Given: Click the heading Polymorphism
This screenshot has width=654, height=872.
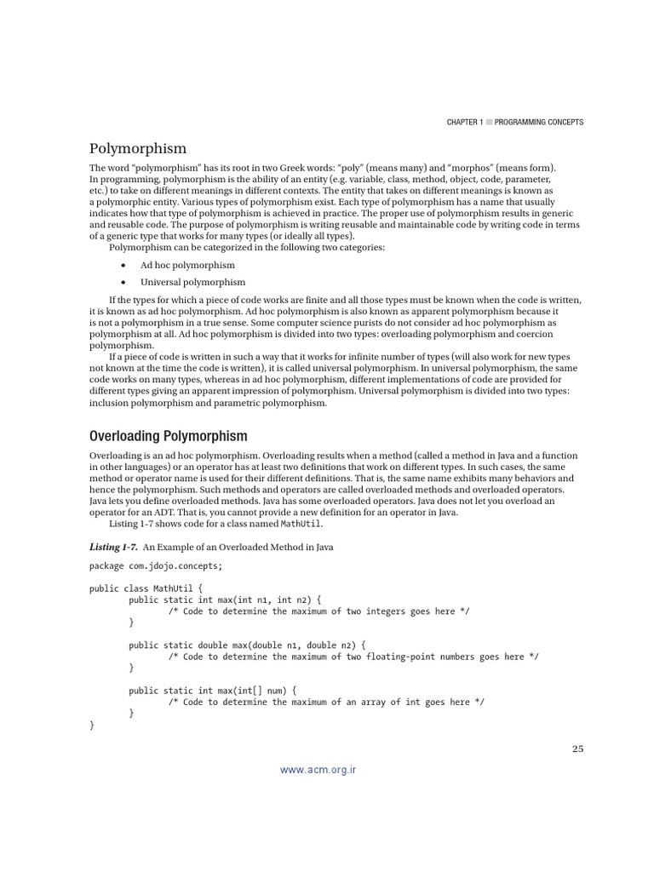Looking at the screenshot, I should coord(137,148).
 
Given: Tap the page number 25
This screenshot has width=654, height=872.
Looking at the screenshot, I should coord(577,749).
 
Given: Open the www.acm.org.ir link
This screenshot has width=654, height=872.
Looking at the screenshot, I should coord(318,770).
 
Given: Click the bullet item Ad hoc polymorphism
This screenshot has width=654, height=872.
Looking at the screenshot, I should coord(187,265).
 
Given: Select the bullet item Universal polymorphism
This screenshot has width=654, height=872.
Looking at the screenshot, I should coord(192,282).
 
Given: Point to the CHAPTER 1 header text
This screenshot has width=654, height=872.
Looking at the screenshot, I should coord(464,123).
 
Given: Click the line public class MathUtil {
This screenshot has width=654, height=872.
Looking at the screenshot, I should coord(146,588).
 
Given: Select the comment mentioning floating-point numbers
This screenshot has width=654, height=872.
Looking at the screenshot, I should coord(353,657).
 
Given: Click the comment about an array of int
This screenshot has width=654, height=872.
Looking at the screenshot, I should coord(326,702).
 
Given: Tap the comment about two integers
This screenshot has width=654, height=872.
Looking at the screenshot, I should coord(318,611).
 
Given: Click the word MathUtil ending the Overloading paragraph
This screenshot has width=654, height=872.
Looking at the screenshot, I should coord(304,524).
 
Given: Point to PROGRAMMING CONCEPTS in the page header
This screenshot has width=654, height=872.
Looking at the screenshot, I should coord(540,123).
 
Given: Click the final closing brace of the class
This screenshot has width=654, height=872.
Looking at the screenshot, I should coord(92,725).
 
